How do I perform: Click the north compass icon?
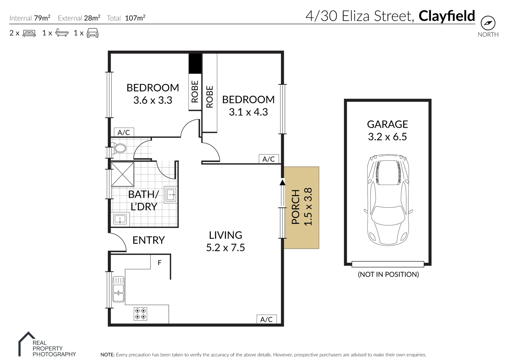click(x=488, y=23)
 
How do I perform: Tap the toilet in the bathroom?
click(x=119, y=148)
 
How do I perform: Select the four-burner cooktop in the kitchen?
click(x=140, y=314)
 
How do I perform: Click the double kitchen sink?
click(x=118, y=289)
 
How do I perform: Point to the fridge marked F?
click(x=160, y=263)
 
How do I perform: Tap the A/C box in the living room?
click(x=266, y=319)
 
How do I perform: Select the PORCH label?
click(x=296, y=207)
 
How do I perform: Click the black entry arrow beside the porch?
click(x=283, y=182)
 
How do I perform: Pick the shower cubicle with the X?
click(x=122, y=174)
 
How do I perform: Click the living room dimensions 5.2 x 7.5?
click(x=225, y=248)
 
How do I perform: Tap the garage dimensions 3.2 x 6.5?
click(x=387, y=137)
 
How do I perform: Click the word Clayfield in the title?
click(x=447, y=16)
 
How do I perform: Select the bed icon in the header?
click(x=29, y=33)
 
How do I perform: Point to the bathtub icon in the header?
click(x=62, y=33)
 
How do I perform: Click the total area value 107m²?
click(x=135, y=18)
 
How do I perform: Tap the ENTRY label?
click(x=148, y=240)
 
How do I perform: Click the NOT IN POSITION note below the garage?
click(x=388, y=274)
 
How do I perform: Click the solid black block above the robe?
click(x=195, y=63)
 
